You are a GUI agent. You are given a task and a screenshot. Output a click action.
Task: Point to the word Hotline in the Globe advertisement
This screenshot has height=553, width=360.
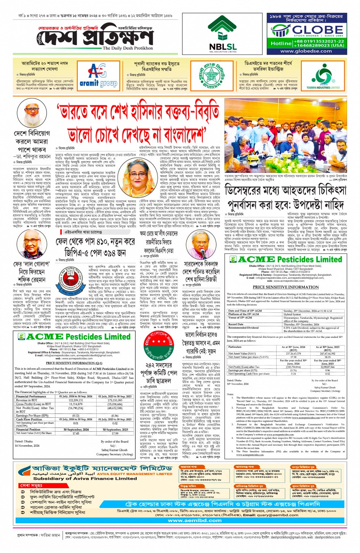[281, 43]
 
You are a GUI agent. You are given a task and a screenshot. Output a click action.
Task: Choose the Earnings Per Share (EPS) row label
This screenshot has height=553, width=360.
[32, 416]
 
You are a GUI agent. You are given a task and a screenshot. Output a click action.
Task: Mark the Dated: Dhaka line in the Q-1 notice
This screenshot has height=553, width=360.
[24, 442]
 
